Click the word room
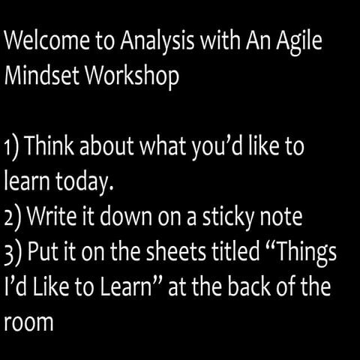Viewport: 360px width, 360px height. [26, 324]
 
